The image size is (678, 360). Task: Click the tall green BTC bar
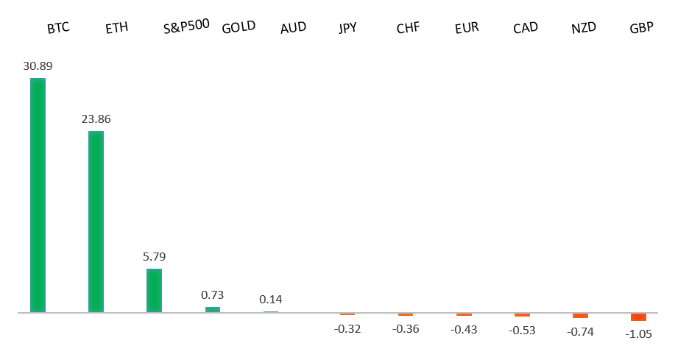pos(38,195)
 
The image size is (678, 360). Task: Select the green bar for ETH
pos(96,222)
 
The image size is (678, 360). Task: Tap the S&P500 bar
pos(154,290)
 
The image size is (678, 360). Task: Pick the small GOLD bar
pos(212,309)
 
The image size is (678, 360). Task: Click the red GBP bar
pos(638,317)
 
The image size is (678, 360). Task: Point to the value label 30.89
pos(38,66)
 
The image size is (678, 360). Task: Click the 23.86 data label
pos(96,119)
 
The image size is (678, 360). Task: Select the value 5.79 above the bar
pos(154,257)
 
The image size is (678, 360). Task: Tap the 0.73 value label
pos(212,294)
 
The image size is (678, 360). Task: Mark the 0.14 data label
pos(270,300)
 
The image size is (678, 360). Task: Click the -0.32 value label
pos(347,329)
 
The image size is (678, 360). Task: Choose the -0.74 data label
pos(580,332)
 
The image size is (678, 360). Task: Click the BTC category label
pos(58,29)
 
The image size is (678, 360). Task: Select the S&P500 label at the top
pos(186,27)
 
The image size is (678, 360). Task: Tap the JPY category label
pos(347,29)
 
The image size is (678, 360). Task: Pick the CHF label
pos(408,29)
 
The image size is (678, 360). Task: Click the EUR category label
pos(467,29)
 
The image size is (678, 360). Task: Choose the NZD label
pos(584,29)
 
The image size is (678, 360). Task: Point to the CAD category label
pos(526,28)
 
